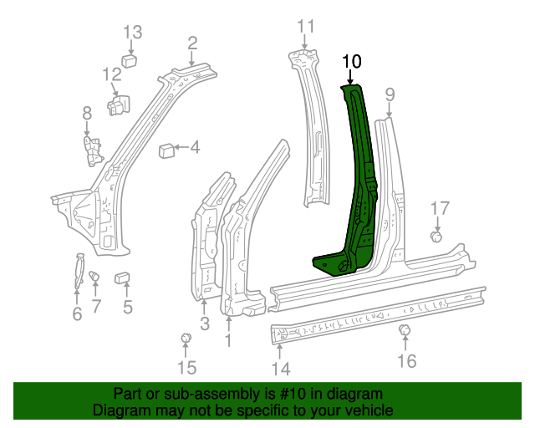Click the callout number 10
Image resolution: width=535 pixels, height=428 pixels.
click(352, 61)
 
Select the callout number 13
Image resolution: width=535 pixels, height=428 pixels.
click(134, 33)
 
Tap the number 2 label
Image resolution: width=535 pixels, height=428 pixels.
click(192, 43)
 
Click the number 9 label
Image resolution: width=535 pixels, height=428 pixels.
click(390, 93)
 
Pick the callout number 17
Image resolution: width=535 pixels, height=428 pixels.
click(440, 209)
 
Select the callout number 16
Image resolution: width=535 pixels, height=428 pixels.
click(406, 360)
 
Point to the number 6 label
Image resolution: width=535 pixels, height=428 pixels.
click(77, 314)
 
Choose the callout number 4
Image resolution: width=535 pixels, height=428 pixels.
click(195, 149)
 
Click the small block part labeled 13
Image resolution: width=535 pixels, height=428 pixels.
click(130, 59)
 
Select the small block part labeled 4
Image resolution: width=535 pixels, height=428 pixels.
click(166, 150)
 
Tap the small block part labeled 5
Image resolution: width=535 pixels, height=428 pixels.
click(121, 277)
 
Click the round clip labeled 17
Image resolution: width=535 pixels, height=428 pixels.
click(436, 237)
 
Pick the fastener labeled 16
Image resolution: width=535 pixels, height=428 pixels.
click(404, 332)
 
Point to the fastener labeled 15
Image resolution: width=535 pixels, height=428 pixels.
click(186, 338)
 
